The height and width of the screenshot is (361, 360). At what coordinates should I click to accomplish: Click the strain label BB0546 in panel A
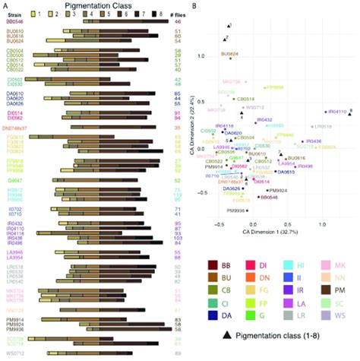pyautogui.click(x=15, y=23)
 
